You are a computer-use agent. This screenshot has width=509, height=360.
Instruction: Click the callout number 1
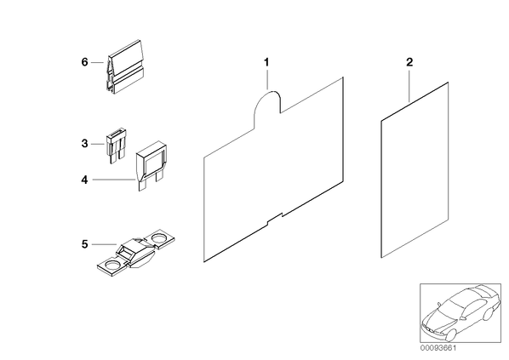point(266,61)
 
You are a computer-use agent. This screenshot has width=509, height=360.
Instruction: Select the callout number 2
point(409,61)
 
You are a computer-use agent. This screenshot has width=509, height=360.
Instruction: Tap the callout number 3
point(84,143)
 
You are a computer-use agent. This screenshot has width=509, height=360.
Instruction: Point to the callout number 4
point(84,180)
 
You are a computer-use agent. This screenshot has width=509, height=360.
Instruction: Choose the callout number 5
point(84,244)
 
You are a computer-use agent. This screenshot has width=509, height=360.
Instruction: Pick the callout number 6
point(84,61)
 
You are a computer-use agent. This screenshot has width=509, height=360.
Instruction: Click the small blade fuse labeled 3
point(115,145)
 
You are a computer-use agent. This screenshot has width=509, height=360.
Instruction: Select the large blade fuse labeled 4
point(151,165)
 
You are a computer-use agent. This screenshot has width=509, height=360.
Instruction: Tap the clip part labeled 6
point(124,67)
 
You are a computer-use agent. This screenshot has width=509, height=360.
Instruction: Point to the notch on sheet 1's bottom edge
point(275,219)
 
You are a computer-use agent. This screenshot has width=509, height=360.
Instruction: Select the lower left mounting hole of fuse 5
point(112,266)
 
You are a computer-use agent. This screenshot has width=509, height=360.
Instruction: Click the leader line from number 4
point(113,180)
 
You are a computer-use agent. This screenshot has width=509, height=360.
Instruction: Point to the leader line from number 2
point(409,85)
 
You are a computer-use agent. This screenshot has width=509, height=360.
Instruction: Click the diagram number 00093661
point(438,348)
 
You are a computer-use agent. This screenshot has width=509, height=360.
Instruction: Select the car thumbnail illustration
point(460,313)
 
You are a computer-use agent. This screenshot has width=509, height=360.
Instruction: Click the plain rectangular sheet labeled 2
point(415,170)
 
